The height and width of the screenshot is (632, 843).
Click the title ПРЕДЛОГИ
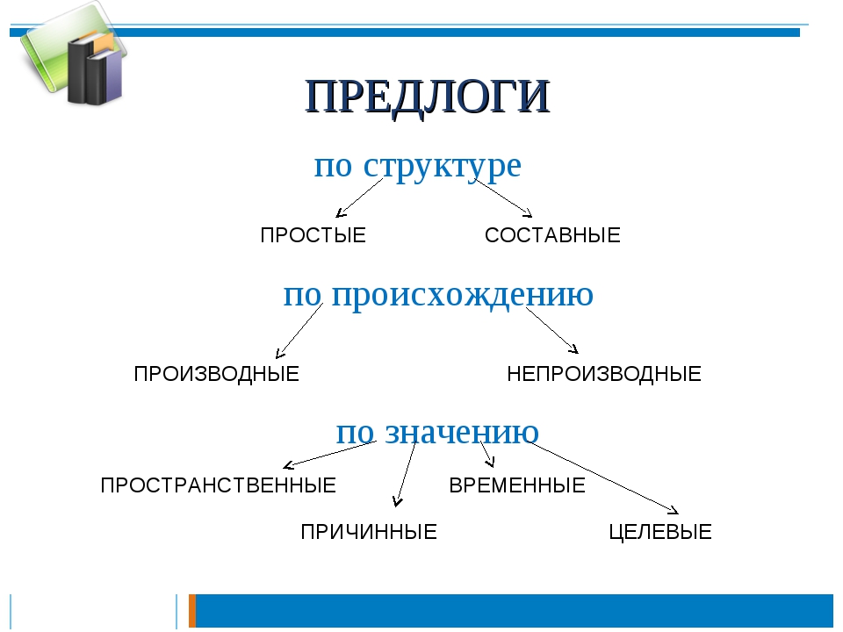[428, 97]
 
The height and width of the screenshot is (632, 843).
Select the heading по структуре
[418, 166]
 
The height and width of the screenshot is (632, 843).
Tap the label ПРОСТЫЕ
[313, 235]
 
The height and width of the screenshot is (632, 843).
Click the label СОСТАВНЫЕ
[552, 235]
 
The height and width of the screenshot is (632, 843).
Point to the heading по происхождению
[438, 296]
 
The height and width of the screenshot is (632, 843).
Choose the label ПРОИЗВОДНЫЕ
[217, 374]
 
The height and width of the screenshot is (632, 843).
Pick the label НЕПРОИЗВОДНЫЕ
[604, 374]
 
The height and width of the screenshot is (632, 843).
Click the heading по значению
[437, 433]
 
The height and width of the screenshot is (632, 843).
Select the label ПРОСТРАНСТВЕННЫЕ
[219, 485]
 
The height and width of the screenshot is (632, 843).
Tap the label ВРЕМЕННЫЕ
[517, 485]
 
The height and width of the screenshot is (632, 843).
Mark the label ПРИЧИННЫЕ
[369, 532]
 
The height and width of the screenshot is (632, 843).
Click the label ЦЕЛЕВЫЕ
[660, 532]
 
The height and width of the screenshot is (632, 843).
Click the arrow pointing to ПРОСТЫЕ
[359, 197]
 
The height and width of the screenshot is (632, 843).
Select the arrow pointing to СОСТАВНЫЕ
[503, 197]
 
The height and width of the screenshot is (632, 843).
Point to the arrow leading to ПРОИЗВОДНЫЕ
[299, 331]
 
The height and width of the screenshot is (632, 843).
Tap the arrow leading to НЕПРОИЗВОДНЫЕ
[552, 331]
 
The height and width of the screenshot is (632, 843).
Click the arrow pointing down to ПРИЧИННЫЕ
[406, 474]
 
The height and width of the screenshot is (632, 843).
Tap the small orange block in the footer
[192, 611]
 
